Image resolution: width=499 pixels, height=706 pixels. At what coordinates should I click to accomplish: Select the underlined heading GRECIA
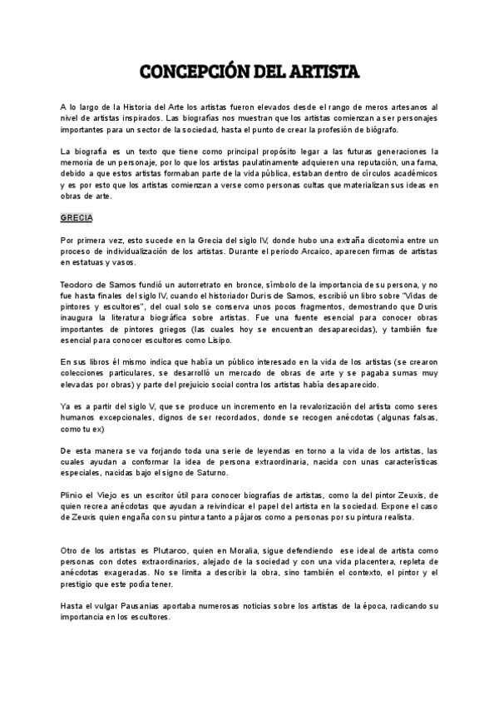click(x=77, y=218)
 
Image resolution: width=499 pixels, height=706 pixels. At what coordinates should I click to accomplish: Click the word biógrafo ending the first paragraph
click(x=381, y=131)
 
